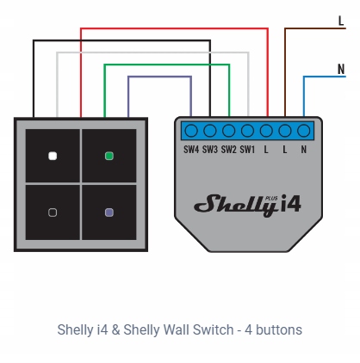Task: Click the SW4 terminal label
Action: point(191,150)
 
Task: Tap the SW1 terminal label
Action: point(247,150)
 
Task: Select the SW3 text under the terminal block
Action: point(210,150)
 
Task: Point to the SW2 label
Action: point(228,150)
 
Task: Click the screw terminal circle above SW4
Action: point(191,131)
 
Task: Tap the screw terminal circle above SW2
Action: point(228,131)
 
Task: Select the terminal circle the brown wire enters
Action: point(285,131)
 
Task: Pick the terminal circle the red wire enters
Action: point(266,131)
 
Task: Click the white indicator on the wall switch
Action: point(53,157)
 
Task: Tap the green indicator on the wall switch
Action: point(109,157)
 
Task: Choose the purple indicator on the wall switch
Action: point(109,212)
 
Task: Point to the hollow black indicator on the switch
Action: point(53,212)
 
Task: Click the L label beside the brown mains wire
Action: point(341,21)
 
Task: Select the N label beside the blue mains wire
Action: point(341,69)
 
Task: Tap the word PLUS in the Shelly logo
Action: point(271,198)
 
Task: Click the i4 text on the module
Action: point(290,203)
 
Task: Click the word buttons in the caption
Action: point(279,329)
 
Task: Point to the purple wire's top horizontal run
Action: point(159,77)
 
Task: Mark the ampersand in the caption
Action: point(115,329)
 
